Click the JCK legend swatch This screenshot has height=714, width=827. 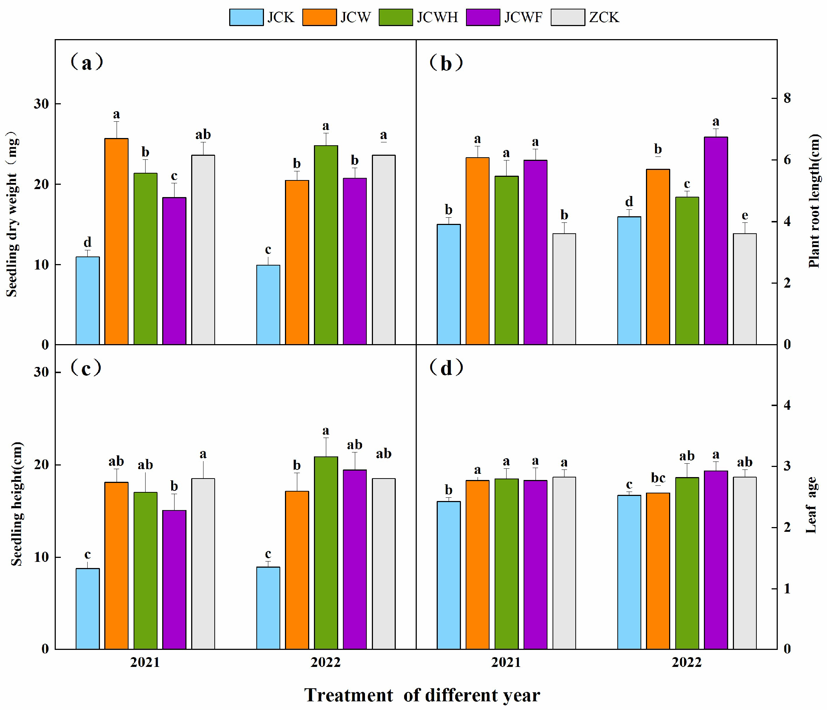tap(246, 17)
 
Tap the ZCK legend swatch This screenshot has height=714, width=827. tap(567, 17)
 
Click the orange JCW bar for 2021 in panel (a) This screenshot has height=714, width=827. tap(117, 241)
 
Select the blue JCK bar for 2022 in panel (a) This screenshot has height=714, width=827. tap(268, 304)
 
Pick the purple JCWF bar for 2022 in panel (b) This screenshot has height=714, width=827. tap(715, 241)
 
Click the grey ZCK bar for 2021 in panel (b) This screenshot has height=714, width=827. tap(564, 289)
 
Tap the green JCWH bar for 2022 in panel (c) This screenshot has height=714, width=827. tap(326, 553)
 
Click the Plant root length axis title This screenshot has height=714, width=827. tap(814, 200)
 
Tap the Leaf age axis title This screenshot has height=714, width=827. tap(812, 505)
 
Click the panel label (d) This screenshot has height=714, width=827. tap(446, 368)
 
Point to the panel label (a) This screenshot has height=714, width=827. tap(87, 63)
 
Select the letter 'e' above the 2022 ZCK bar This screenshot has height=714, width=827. tap(745, 216)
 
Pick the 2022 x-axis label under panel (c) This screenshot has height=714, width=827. tap(326, 662)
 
